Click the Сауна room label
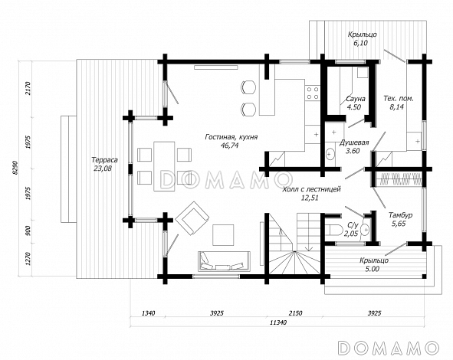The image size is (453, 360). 356,99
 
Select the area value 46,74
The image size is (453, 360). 229,146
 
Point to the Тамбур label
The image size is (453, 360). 400,215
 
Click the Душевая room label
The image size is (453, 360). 354,142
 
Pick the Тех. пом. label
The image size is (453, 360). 398,99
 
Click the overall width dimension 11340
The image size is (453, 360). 278,322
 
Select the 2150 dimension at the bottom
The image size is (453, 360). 294,313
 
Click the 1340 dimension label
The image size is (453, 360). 148,313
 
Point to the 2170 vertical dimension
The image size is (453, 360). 28,88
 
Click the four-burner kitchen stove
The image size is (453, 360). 313,93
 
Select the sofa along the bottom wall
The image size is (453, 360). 224,261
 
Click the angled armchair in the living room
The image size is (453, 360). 192,218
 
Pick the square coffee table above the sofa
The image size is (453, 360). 223,235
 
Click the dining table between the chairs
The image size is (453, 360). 164,166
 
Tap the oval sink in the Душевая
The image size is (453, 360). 330,154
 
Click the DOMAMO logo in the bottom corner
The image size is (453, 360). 388,347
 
